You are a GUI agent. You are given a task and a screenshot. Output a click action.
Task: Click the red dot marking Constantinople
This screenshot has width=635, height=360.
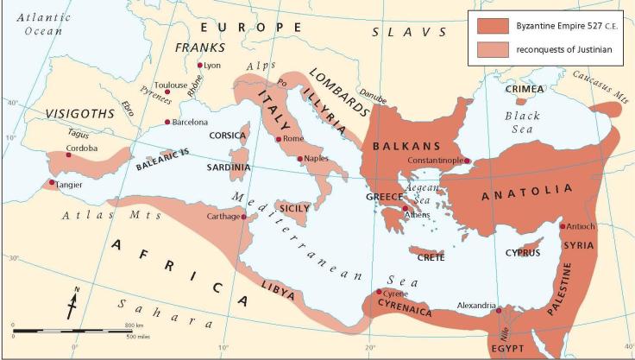[x=467, y=161]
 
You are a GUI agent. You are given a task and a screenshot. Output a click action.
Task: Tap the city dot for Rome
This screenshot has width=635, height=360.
[x=279, y=139]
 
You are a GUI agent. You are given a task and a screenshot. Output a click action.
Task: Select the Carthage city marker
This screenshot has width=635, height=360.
[x=244, y=217]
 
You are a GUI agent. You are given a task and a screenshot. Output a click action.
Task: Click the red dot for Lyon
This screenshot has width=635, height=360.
[x=200, y=65]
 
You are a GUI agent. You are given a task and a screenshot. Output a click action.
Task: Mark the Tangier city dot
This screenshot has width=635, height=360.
[x=53, y=182]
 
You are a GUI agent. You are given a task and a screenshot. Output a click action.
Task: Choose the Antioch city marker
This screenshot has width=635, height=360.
[x=563, y=226]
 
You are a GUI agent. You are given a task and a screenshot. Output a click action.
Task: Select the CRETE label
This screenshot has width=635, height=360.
[x=431, y=257]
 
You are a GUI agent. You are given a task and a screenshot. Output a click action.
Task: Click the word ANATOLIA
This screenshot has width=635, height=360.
[x=527, y=191]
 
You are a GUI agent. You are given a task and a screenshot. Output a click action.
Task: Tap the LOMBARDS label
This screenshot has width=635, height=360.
[x=339, y=90]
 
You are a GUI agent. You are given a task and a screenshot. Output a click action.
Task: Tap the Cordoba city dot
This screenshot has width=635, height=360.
[x=68, y=155]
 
